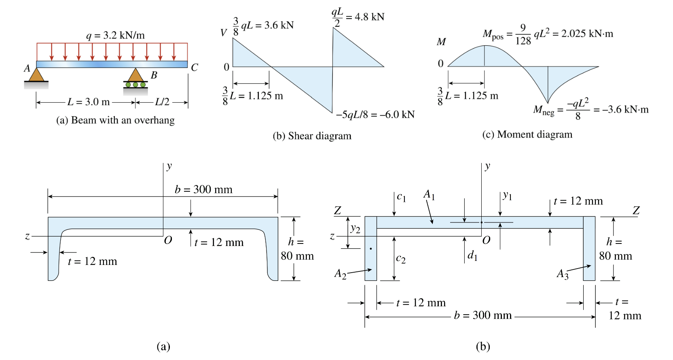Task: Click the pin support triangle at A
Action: [x=36, y=75]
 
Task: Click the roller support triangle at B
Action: [x=135, y=75]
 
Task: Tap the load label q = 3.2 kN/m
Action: [x=115, y=35]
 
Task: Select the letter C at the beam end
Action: [x=195, y=68]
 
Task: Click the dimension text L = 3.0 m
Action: [x=89, y=102]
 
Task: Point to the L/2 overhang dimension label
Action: [x=162, y=102]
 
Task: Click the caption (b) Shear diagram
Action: [x=312, y=136]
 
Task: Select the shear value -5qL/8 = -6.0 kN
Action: [x=375, y=115]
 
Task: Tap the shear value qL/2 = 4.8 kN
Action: [x=358, y=17]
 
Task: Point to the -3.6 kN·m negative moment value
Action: [x=621, y=110]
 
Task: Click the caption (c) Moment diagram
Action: [x=527, y=135]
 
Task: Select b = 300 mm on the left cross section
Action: [x=203, y=189]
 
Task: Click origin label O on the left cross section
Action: [x=168, y=241]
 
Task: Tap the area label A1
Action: [x=429, y=195]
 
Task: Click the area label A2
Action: [x=340, y=274]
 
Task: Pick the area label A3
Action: [x=563, y=275]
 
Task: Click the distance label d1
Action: [x=472, y=255]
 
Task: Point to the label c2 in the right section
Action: [x=401, y=258]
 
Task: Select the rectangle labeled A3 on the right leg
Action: [x=589, y=249]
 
